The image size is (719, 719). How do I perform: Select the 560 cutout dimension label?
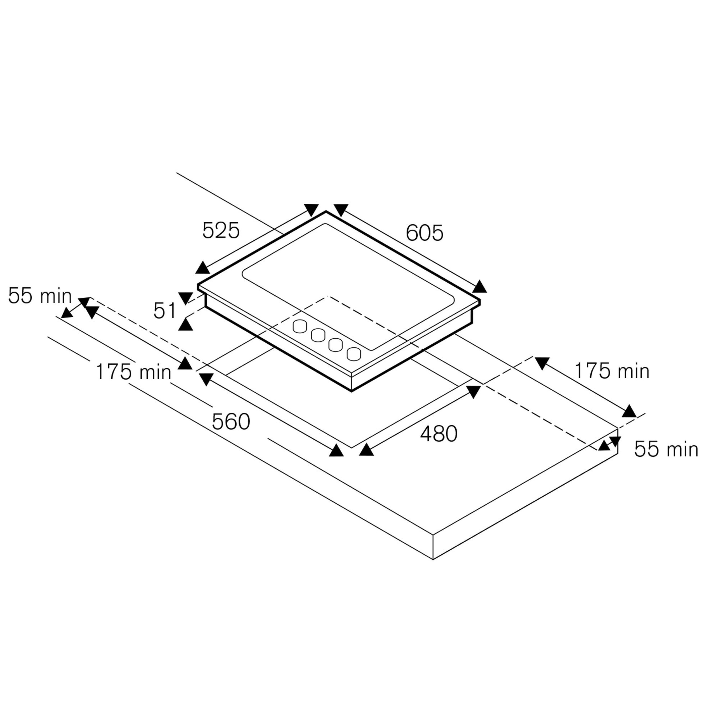(231, 422)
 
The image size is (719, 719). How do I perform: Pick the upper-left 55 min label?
(40, 296)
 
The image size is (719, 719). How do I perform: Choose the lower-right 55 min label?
(666, 449)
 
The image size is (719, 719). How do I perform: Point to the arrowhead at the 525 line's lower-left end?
(202, 268)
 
